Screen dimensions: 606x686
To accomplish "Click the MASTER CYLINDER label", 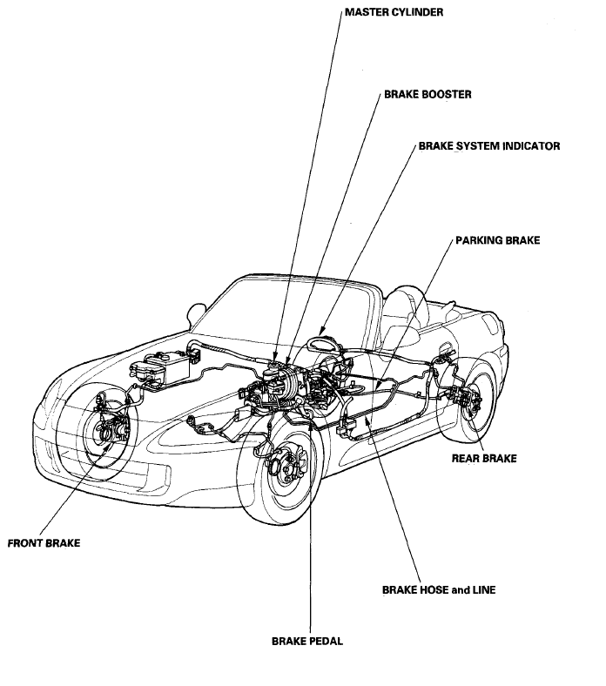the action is click(394, 12).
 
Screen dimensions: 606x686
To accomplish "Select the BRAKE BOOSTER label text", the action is click(428, 95).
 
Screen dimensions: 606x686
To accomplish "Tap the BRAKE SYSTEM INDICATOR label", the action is click(489, 145).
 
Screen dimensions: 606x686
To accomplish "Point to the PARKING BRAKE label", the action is click(497, 240).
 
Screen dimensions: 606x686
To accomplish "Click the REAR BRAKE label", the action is click(484, 458).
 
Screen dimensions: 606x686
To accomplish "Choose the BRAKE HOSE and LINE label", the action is click(439, 589).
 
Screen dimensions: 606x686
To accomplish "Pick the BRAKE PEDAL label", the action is click(307, 642).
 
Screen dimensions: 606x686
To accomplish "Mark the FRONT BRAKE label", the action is click(44, 543).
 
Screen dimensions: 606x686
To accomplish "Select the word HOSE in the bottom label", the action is click(434, 589).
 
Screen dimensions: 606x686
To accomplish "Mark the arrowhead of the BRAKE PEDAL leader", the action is click(310, 426).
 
